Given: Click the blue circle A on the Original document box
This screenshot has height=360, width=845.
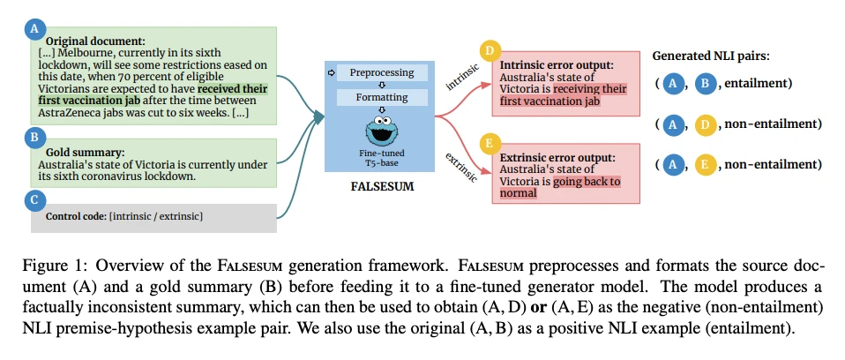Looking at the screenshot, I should (x=34, y=29).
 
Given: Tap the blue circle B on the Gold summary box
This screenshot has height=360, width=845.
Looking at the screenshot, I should (x=34, y=138).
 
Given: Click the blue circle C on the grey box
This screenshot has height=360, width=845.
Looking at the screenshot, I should (x=34, y=200).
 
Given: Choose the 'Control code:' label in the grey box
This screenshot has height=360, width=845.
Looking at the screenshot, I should (x=76, y=216).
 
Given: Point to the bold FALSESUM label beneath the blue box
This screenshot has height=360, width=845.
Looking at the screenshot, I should (x=383, y=188).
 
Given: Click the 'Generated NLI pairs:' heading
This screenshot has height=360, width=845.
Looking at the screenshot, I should (x=710, y=56).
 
